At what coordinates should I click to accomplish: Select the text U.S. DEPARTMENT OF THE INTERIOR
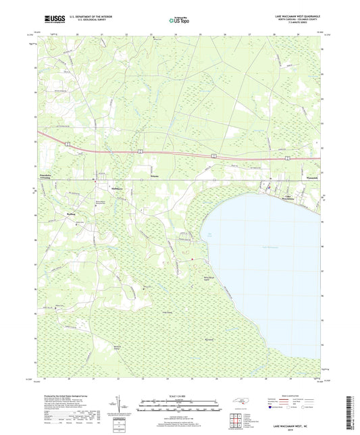click(93, 16)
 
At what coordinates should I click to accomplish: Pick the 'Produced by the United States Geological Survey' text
click(68, 396)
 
